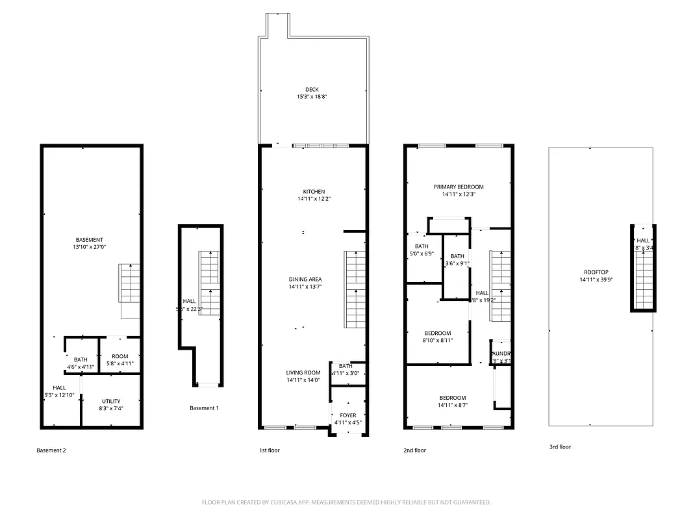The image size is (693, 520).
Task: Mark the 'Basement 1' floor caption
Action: tap(204, 408)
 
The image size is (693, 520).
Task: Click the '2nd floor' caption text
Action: tap(415, 450)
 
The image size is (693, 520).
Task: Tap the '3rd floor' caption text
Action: tap(559, 447)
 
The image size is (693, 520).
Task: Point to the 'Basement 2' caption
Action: tap(51, 450)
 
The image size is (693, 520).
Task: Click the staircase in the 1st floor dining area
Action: tap(354, 289)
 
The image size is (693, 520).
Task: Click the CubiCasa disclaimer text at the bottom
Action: tap(346, 502)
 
